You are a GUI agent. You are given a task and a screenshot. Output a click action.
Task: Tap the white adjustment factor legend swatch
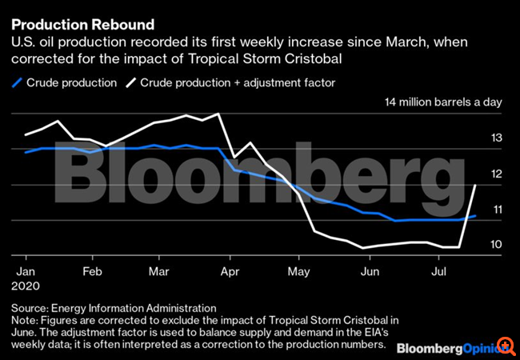132,82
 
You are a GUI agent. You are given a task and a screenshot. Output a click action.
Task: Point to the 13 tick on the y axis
497,139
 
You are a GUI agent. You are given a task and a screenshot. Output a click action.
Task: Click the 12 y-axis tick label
497,174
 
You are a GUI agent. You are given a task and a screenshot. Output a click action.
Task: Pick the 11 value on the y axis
497,210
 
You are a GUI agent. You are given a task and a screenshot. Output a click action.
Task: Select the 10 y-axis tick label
497,245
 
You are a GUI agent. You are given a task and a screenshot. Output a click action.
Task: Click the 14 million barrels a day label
443,102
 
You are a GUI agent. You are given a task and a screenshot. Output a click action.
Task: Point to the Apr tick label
230,271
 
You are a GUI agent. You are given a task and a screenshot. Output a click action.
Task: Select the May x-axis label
299,271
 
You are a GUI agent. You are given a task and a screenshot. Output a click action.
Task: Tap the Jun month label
369,271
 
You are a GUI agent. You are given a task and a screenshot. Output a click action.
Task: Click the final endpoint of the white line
477,186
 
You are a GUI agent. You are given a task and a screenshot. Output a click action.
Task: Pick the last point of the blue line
477,216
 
